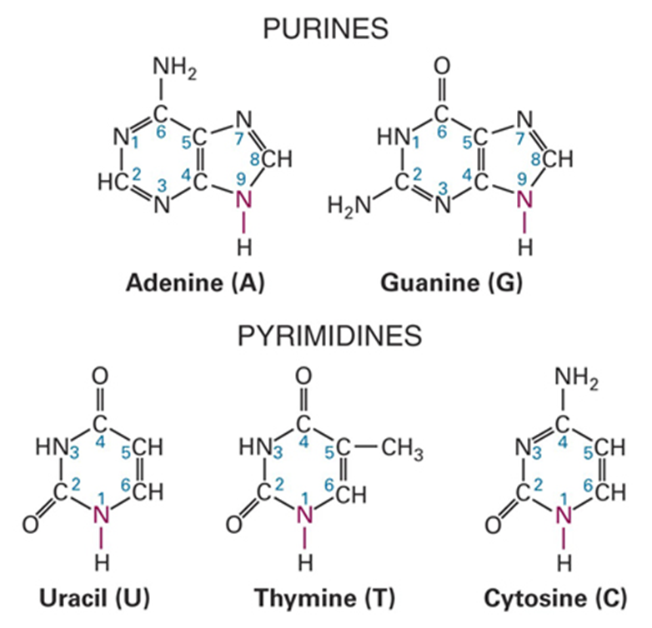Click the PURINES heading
(x=326, y=29)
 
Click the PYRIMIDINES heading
(x=325, y=336)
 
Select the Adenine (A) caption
(x=194, y=284)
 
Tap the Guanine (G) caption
(x=451, y=284)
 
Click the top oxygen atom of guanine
(x=442, y=66)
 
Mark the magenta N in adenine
(x=243, y=200)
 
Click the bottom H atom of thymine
(x=305, y=564)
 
